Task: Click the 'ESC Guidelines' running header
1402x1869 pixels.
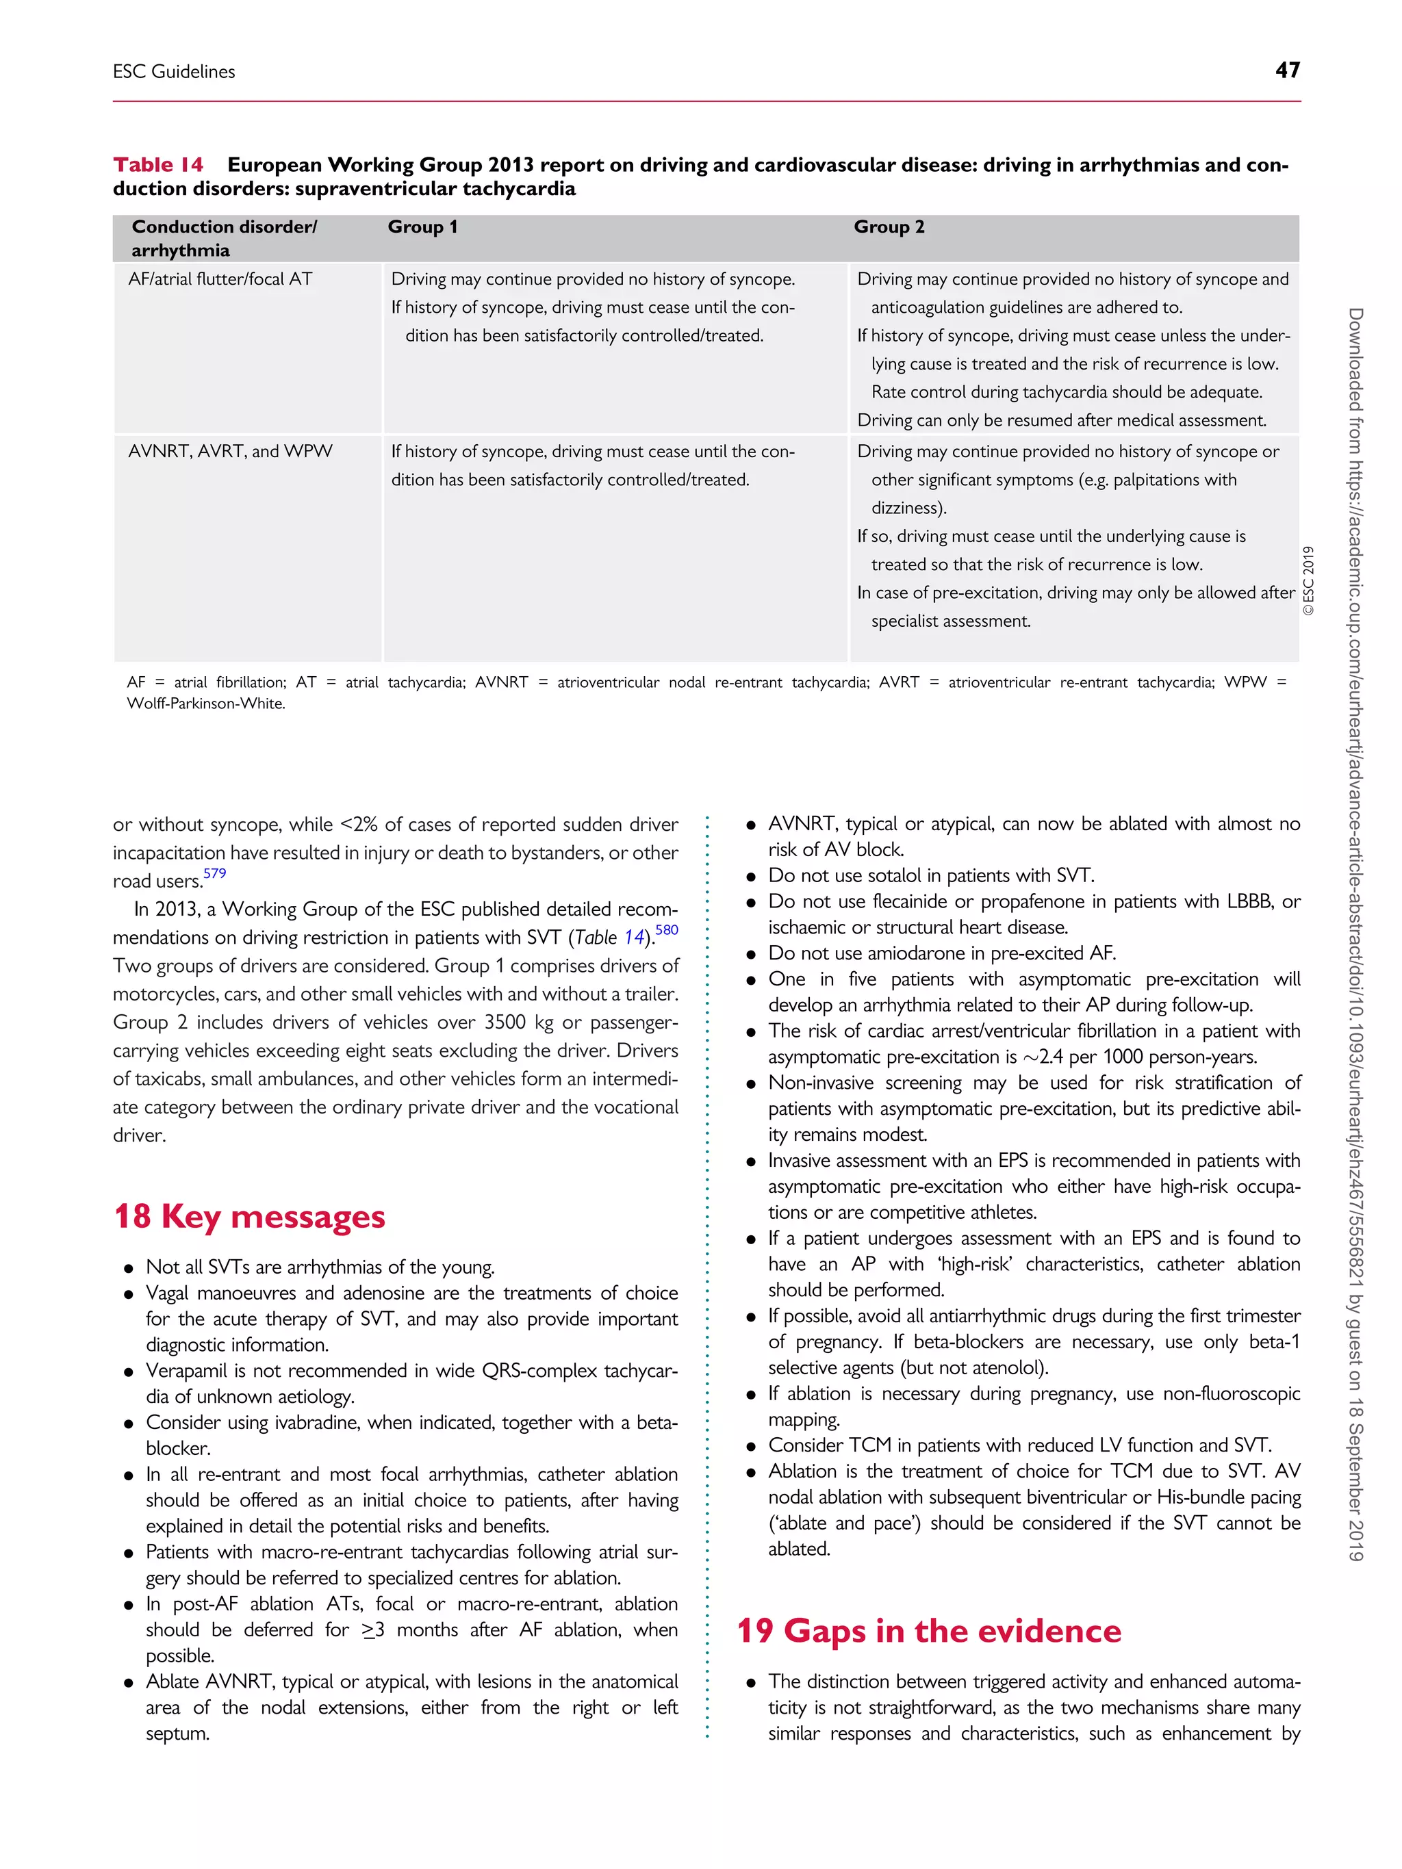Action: coord(174,72)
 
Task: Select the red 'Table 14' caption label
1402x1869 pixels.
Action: coord(158,165)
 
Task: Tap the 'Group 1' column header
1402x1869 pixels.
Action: coord(422,227)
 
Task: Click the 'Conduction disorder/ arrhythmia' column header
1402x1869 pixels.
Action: coord(224,238)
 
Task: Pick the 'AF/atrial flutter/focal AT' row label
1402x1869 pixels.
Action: coord(220,279)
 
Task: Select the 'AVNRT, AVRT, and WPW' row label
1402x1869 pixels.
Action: coord(230,451)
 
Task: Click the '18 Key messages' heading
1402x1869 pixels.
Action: coord(249,1216)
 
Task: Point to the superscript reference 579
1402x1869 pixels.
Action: coord(215,873)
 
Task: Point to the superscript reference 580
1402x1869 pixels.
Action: coord(667,929)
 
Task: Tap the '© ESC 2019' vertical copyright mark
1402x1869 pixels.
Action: coord(1308,580)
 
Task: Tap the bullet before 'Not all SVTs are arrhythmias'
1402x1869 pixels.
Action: coord(129,1268)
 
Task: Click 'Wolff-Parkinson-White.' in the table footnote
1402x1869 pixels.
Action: coord(206,704)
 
